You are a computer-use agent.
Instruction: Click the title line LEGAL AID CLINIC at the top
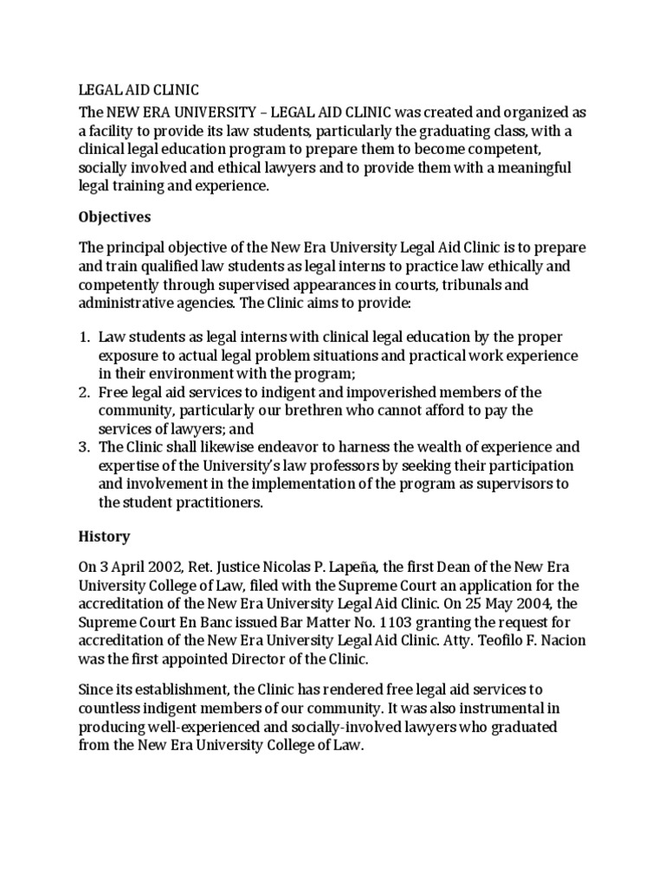coord(139,90)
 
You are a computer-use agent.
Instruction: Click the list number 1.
coord(84,336)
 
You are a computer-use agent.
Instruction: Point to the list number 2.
coord(84,392)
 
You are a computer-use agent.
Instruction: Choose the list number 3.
coord(84,447)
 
